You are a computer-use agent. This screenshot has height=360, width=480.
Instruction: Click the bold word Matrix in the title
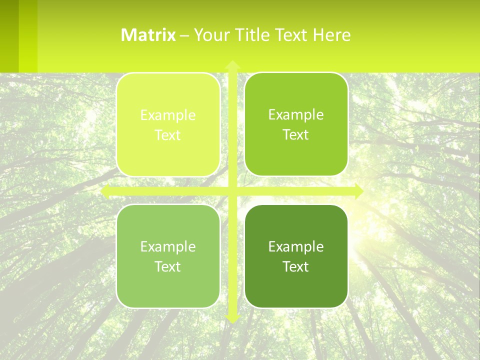[x=148, y=35]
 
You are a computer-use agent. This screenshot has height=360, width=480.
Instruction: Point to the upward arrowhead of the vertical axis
[x=232, y=65]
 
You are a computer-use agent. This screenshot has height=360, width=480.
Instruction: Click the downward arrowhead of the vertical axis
[x=232, y=318]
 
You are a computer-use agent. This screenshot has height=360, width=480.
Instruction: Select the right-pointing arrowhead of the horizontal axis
[x=358, y=191]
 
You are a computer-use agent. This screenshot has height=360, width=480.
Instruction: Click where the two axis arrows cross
[x=232, y=191]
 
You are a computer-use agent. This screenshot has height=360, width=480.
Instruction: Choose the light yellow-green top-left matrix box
[x=168, y=155]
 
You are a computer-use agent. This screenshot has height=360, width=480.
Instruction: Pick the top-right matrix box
[x=296, y=155]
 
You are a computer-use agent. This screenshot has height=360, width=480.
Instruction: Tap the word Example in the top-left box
[x=168, y=115]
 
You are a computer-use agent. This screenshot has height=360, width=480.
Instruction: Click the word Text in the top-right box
[x=296, y=135]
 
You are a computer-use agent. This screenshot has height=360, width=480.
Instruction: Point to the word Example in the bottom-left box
[x=168, y=247]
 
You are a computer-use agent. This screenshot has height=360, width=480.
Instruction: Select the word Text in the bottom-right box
[x=296, y=267]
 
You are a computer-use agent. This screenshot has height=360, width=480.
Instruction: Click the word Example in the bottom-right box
[x=296, y=247]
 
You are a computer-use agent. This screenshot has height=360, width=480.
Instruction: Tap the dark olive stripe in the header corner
[x=9, y=35]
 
